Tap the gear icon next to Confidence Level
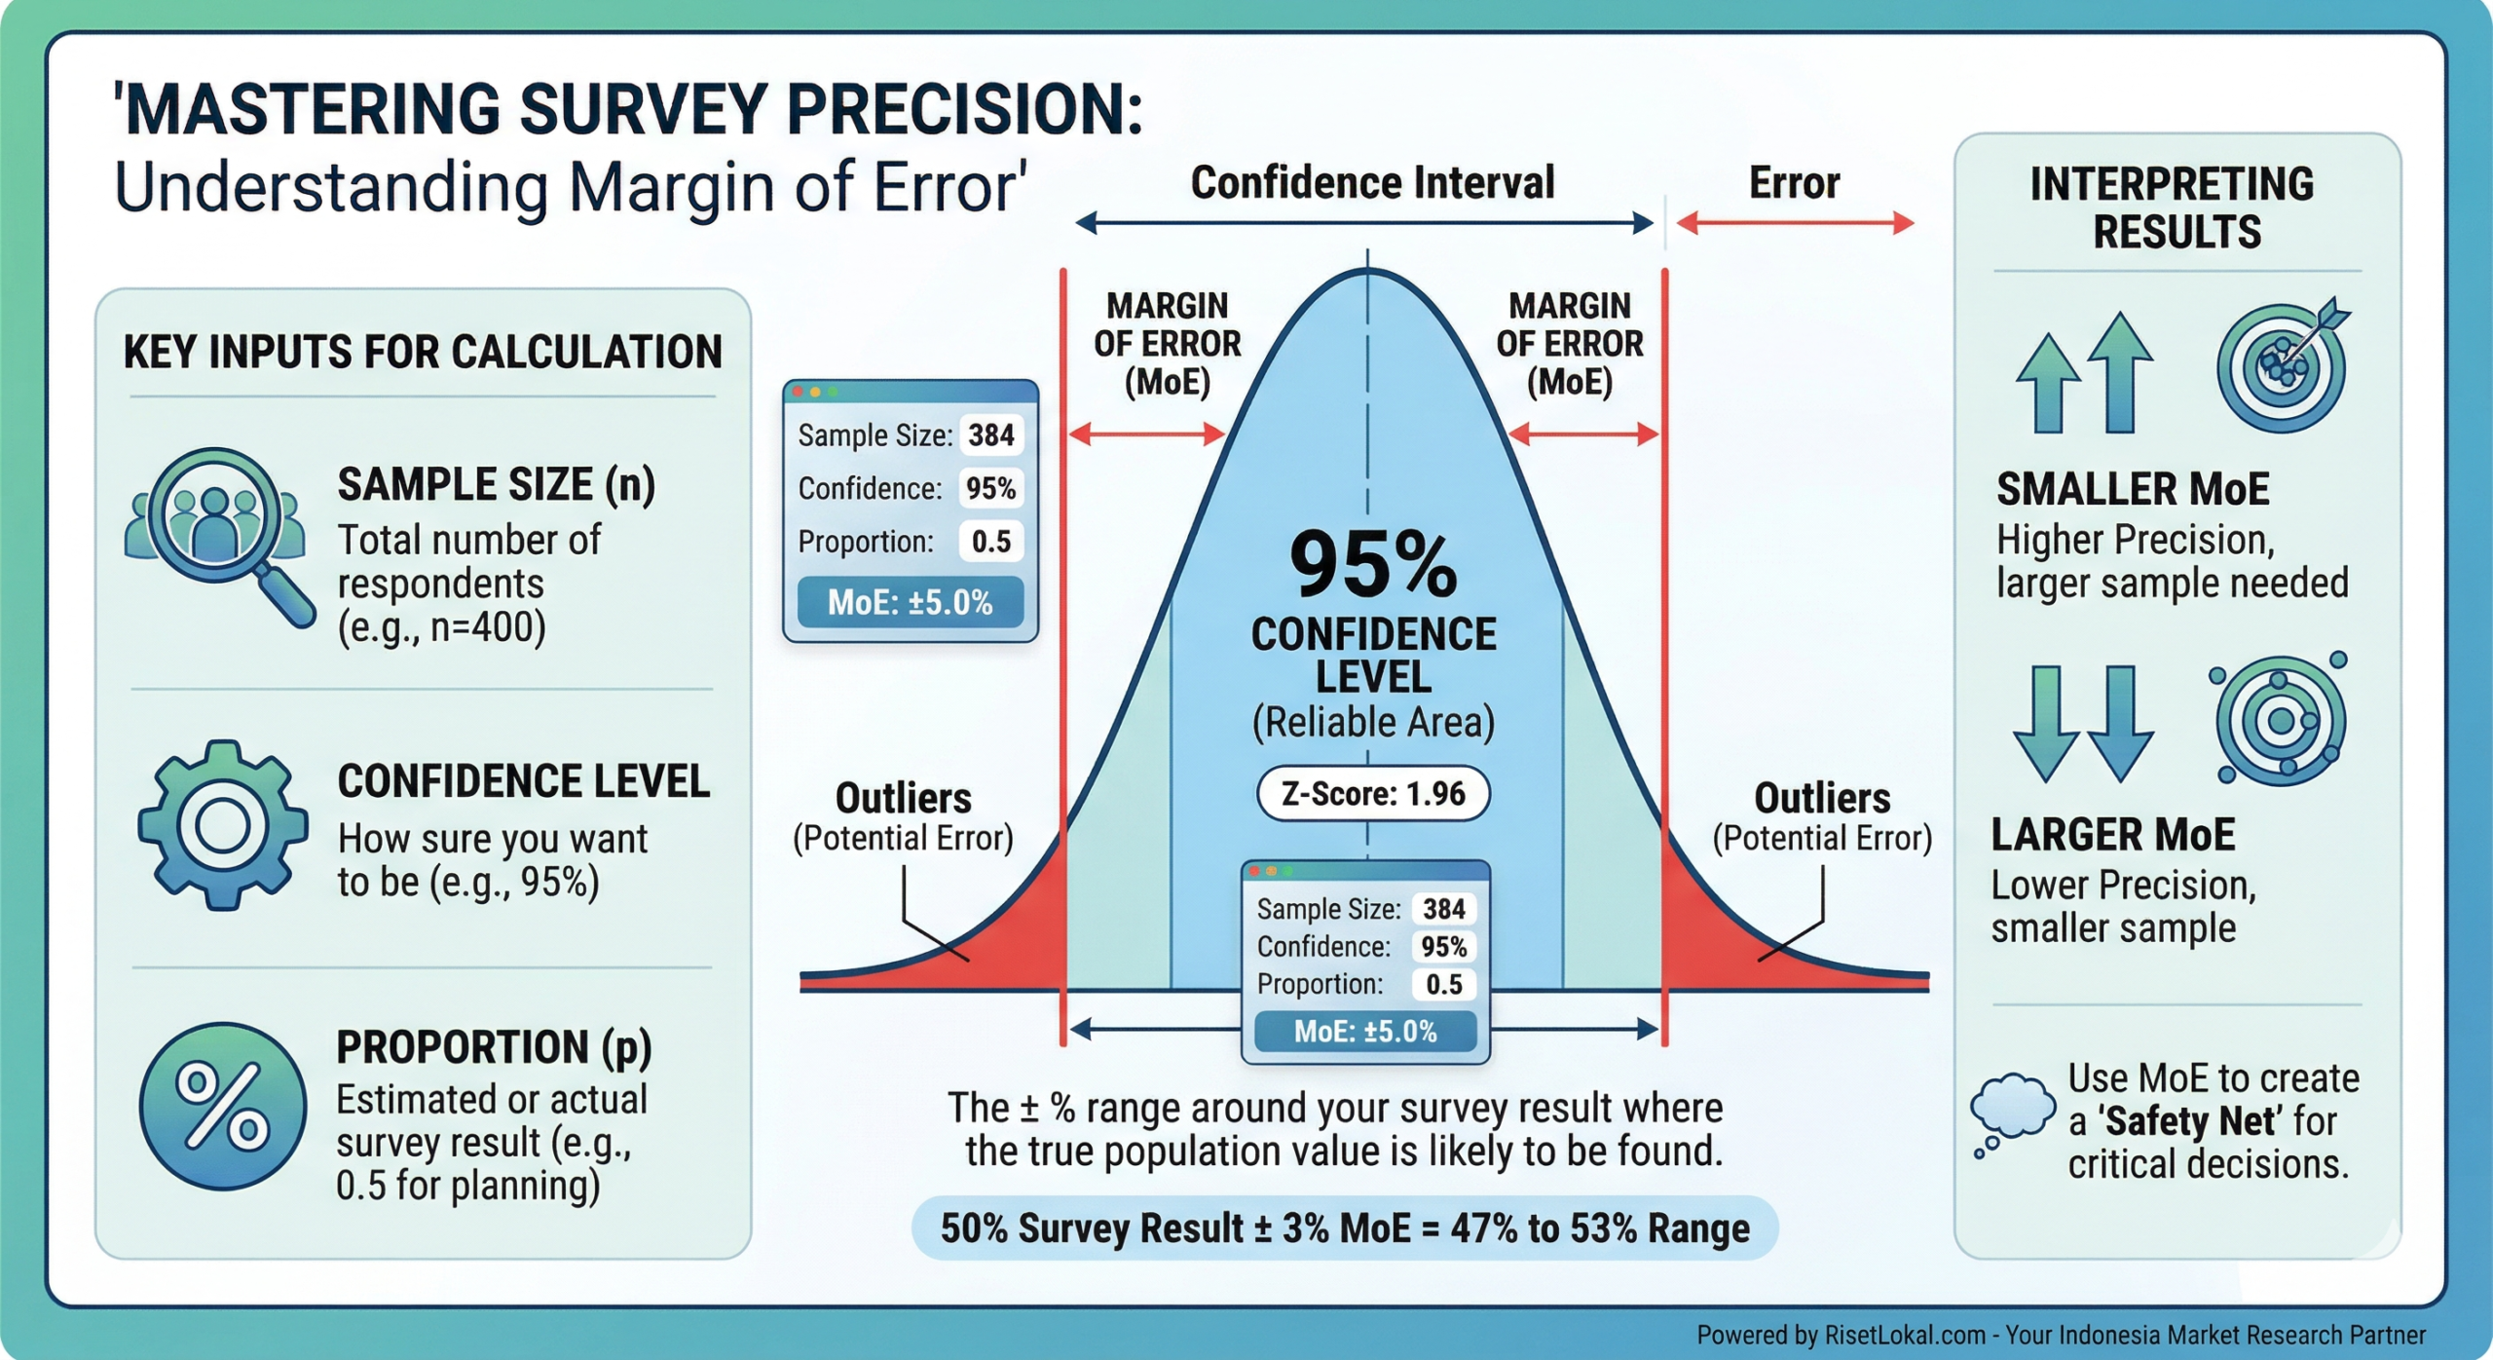[223, 825]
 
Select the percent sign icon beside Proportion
[223, 1106]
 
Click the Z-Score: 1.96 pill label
[1372, 794]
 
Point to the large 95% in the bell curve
[1372, 565]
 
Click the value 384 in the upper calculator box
[990, 434]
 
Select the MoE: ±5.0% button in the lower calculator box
[1364, 1032]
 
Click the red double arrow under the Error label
[1795, 224]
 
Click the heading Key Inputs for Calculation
[423, 352]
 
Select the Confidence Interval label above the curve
[1372, 183]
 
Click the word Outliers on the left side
[903, 798]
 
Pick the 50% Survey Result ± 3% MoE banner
[1344, 1228]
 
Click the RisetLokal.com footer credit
[2061, 1334]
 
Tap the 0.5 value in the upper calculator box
[990, 541]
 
